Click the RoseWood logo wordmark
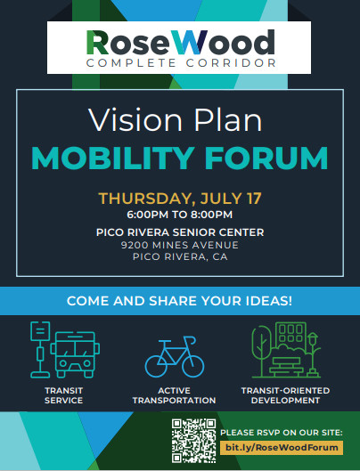(181, 43)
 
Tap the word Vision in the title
(135, 120)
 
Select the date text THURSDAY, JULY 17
(180, 199)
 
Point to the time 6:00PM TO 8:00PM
(179, 215)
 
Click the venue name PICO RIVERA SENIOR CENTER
(180, 232)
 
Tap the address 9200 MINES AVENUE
(180, 245)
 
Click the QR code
(193, 441)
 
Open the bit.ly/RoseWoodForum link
(282, 448)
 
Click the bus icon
(75, 354)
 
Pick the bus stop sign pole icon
(40, 349)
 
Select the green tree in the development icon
(261, 350)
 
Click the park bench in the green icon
(286, 367)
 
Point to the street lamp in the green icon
(313, 354)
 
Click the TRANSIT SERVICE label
(64, 395)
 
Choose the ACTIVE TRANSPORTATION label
(174, 395)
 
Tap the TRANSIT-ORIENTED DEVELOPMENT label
(285, 395)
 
